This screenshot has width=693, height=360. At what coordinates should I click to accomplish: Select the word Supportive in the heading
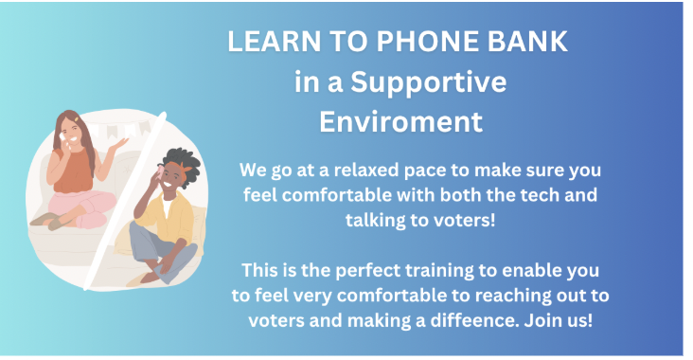click(428, 83)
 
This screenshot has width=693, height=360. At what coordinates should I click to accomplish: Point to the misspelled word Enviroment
click(400, 121)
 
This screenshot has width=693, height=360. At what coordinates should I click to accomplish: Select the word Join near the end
click(542, 320)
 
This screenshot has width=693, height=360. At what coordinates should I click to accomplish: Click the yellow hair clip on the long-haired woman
click(77, 119)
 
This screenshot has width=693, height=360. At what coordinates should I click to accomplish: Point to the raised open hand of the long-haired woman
click(118, 145)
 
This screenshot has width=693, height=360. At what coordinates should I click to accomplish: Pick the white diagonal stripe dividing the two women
click(126, 200)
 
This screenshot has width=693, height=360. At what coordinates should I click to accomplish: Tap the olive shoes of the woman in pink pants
click(49, 220)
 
